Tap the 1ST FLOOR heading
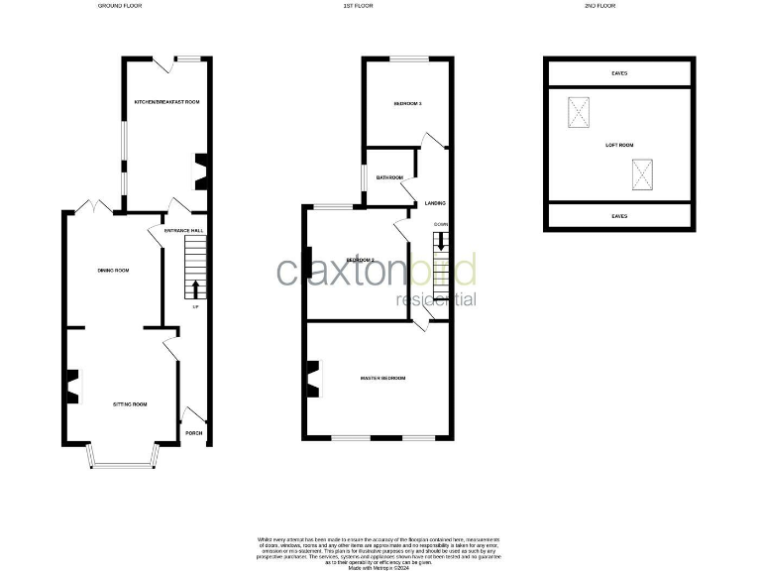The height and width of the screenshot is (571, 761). pyautogui.click(x=357, y=6)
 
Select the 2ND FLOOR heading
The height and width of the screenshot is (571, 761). pyautogui.click(x=601, y=6)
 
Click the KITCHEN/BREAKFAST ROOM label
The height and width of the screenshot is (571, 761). pyautogui.click(x=167, y=102)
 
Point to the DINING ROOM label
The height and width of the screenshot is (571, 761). pyautogui.click(x=114, y=270)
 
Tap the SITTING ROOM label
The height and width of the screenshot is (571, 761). pyautogui.click(x=130, y=404)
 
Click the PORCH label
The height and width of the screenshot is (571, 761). pyautogui.click(x=194, y=432)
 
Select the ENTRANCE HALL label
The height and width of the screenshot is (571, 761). pyautogui.click(x=169, y=230)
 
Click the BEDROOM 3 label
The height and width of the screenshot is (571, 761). pyautogui.click(x=408, y=103)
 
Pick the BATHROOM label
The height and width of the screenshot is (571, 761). pyautogui.click(x=389, y=178)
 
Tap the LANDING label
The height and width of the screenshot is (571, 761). pyautogui.click(x=434, y=204)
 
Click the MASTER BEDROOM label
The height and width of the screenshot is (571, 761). pyautogui.click(x=382, y=378)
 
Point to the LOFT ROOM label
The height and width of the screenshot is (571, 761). pyautogui.click(x=619, y=145)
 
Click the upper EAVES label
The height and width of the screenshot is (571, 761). pyautogui.click(x=619, y=72)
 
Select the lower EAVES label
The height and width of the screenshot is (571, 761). pyautogui.click(x=619, y=215)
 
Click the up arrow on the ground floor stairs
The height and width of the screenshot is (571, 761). pyautogui.click(x=194, y=288)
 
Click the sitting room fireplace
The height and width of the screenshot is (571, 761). pyautogui.click(x=73, y=387)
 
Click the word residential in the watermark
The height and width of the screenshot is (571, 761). pyautogui.click(x=436, y=299)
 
